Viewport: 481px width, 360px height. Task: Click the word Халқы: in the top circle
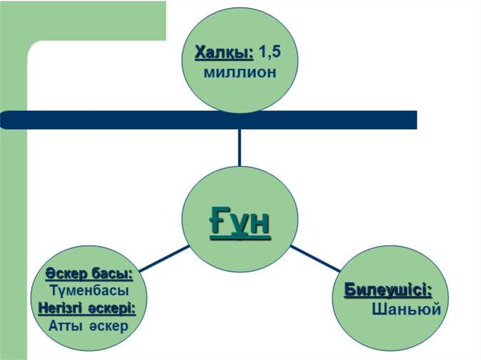point(224,53)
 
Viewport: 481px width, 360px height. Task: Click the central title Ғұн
point(240,224)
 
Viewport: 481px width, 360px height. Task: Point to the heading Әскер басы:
point(89,273)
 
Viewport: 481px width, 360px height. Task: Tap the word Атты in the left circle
point(63,326)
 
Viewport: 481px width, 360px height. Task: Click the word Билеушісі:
point(388,290)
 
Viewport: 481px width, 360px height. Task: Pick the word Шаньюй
point(406,309)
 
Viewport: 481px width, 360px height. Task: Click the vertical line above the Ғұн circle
point(240,147)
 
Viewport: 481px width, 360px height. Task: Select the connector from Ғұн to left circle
point(164,258)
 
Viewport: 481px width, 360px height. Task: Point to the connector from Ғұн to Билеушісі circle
point(315,258)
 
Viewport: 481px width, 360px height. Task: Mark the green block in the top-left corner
point(94,19)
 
